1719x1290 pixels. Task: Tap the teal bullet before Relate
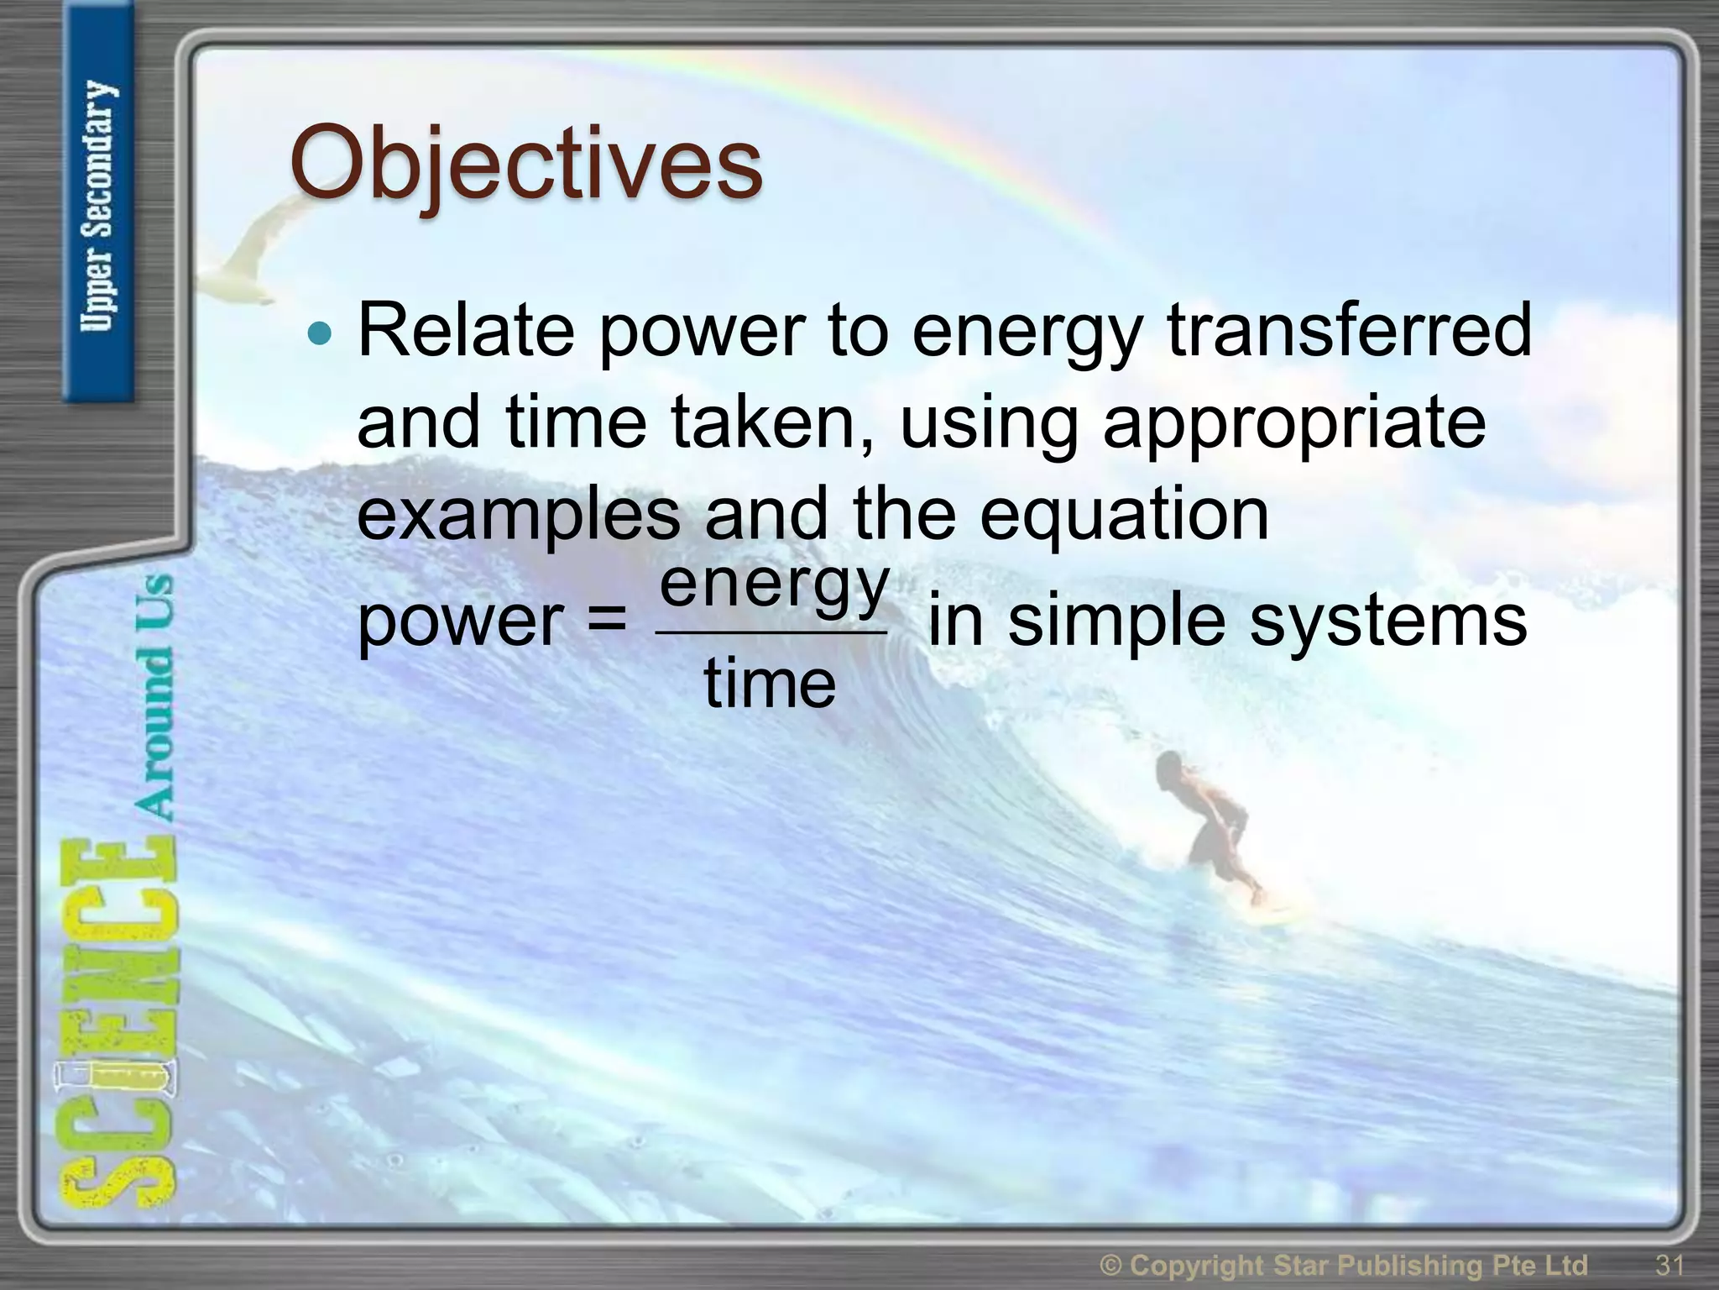[x=320, y=334]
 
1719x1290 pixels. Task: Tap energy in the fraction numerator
[x=773, y=585]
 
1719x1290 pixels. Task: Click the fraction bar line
[x=771, y=632]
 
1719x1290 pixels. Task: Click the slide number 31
[x=1669, y=1265]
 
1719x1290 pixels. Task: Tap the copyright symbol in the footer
[x=1110, y=1265]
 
